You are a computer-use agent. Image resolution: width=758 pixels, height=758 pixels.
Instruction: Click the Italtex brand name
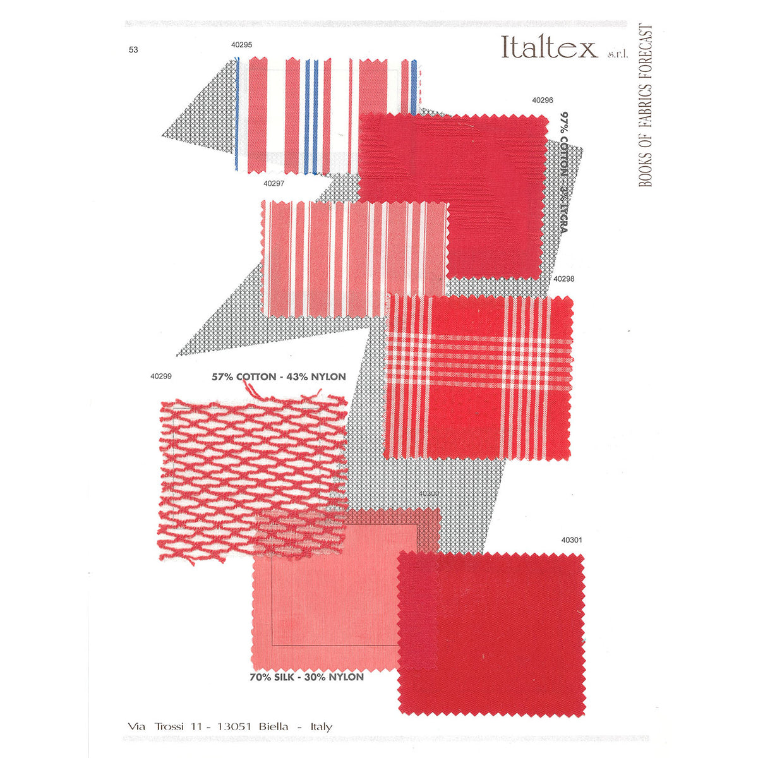[x=548, y=47]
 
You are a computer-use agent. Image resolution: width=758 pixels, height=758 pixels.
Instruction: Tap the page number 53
[x=133, y=50]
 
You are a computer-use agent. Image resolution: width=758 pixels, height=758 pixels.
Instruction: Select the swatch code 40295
[x=241, y=45]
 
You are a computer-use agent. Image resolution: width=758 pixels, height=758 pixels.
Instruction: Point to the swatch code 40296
[x=543, y=100]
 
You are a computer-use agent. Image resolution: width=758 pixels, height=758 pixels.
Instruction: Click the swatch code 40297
[x=274, y=183]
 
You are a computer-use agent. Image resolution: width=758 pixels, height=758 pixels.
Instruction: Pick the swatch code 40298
[x=563, y=278]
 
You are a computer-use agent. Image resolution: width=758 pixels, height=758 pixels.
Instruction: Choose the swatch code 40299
[x=161, y=376]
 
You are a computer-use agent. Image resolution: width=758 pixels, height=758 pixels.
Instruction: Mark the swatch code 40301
[x=571, y=540]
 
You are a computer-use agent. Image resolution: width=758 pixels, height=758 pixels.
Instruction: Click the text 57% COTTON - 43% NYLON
[x=279, y=377]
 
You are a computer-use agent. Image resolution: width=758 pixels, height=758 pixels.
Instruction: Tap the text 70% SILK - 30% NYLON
[x=306, y=677]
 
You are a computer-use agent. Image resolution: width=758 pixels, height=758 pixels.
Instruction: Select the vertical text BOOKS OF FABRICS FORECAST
[x=645, y=106]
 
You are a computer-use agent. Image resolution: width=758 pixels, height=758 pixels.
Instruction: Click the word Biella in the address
[x=274, y=727]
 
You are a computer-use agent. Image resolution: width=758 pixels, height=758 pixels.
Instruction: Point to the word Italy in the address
[x=321, y=727]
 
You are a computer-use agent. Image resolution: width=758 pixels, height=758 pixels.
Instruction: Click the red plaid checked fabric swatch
[x=478, y=377]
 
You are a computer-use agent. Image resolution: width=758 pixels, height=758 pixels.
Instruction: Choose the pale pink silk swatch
[x=322, y=606]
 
